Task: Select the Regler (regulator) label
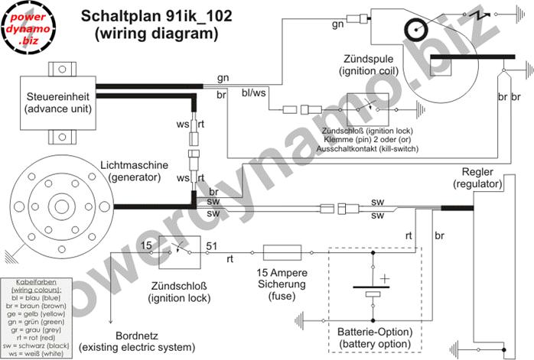tap(477, 177)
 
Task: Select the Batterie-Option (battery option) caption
tap(374, 337)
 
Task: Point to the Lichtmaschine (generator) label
tap(129, 171)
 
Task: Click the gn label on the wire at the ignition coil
tap(337, 24)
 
